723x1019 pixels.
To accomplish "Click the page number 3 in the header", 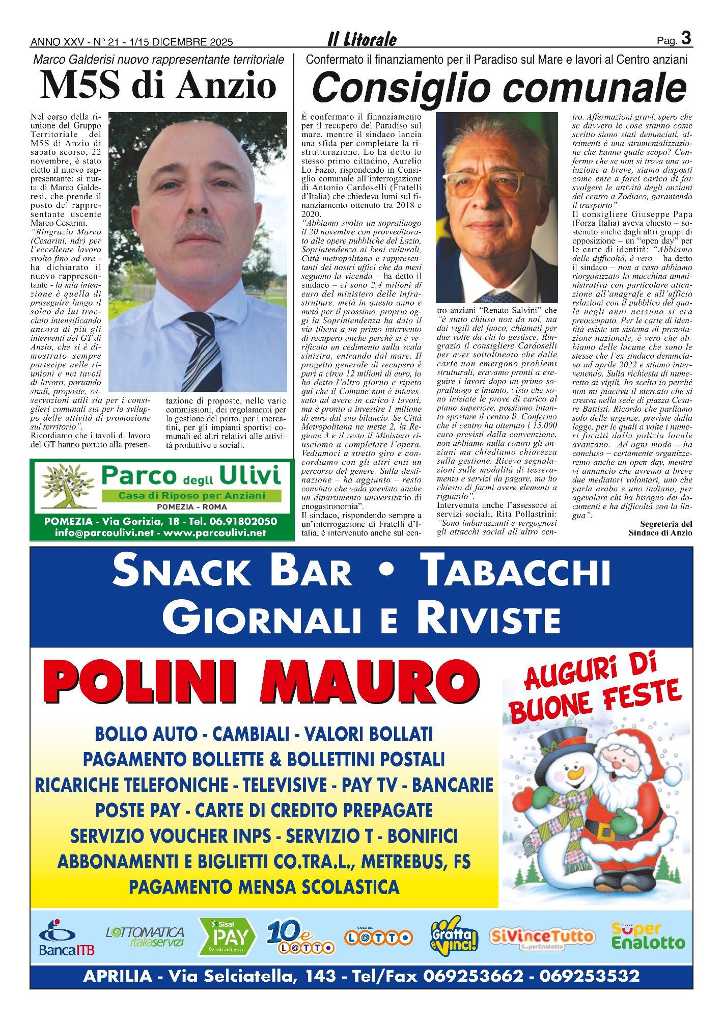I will pyautogui.click(x=686, y=38).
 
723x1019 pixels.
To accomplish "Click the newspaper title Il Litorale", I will pyautogui.click(x=361, y=39).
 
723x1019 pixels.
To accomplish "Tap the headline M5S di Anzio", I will pyautogui.click(x=158, y=85).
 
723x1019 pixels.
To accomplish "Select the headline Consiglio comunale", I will pyautogui.click(x=499, y=88).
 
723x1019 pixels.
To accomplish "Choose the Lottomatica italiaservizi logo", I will pyautogui.click(x=146, y=936).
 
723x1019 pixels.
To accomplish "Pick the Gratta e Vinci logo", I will pyautogui.click(x=453, y=936).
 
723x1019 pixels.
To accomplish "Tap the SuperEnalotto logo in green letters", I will pyautogui.click(x=648, y=936).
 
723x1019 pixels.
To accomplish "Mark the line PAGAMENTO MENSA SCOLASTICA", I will pyautogui.click(x=264, y=887).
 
